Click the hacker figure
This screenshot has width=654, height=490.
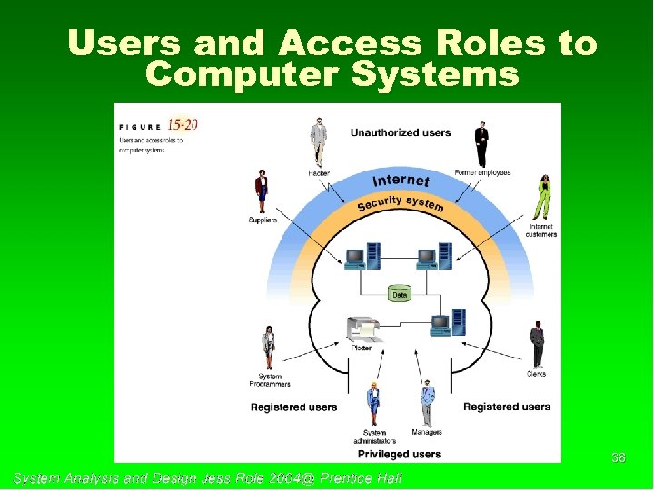(318, 142)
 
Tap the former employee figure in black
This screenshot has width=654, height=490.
(481, 143)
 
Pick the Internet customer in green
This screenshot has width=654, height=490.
(544, 196)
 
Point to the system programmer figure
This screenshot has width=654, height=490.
(269, 346)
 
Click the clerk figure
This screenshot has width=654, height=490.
(537, 342)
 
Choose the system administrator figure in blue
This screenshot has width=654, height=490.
(372, 404)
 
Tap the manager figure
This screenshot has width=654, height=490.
(428, 403)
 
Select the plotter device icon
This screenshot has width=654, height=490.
(362, 328)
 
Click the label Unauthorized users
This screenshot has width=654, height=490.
(401, 132)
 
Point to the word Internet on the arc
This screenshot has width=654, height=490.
(401, 179)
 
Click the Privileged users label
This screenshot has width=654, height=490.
(399, 454)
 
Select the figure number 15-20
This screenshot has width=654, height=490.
(182, 124)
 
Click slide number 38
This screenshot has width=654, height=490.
(619, 458)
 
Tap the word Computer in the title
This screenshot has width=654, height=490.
(231, 73)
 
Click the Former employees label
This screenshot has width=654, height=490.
(482, 172)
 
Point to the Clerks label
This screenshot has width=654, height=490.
(536, 374)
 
